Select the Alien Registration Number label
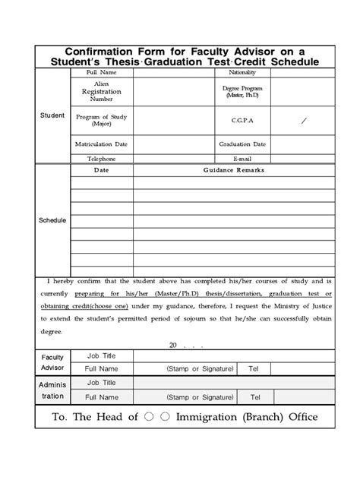[101, 91]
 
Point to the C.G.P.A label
[242, 120]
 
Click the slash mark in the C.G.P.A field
[305, 120]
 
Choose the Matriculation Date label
[101, 144]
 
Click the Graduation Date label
[242, 144]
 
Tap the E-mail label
[242, 159]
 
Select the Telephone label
[101, 159]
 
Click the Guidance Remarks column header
[233, 170]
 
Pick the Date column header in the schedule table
[101, 170]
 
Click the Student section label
[52, 115]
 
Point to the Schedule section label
[52, 220]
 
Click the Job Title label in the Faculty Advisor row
[101, 355]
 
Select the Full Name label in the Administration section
[101, 397]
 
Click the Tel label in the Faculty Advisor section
[254, 368]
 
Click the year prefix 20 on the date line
[172, 344]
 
